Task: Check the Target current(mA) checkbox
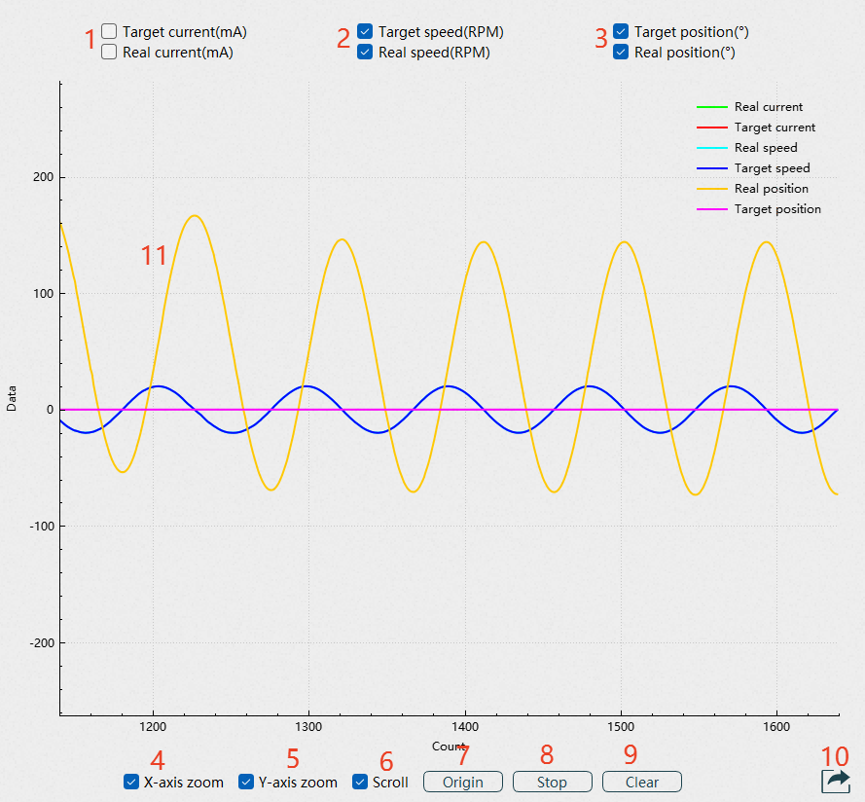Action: [109, 32]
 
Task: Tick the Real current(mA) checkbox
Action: [109, 53]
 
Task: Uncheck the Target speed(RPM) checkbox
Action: [365, 32]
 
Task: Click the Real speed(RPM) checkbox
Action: [365, 53]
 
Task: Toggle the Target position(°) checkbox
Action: [621, 32]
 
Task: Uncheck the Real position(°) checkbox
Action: [621, 53]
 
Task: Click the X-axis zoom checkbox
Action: [130, 782]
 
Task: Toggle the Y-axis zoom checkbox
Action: [245, 782]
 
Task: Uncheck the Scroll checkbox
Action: [359, 782]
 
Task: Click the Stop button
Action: [552, 782]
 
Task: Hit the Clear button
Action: [641, 782]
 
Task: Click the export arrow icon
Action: [836, 780]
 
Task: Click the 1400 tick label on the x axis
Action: [464, 727]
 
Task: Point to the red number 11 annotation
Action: [154, 256]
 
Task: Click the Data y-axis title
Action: [13, 398]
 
